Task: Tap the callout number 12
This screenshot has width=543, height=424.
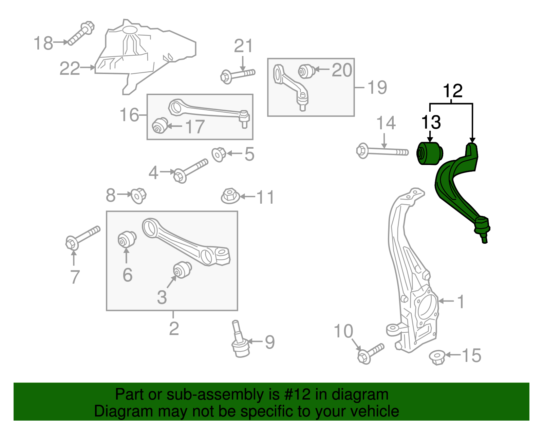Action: [x=452, y=91]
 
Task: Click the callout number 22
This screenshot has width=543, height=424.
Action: [x=70, y=69]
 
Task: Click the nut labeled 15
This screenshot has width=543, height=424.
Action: [x=437, y=357]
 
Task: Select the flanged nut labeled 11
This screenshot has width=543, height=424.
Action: [x=230, y=196]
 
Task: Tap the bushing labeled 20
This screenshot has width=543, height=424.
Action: [x=307, y=71]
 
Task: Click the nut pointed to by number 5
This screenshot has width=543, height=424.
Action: [x=219, y=154]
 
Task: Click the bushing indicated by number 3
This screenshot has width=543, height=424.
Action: [x=182, y=270]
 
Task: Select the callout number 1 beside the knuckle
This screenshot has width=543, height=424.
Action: [x=461, y=301]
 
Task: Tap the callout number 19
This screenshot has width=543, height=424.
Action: [x=377, y=88]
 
